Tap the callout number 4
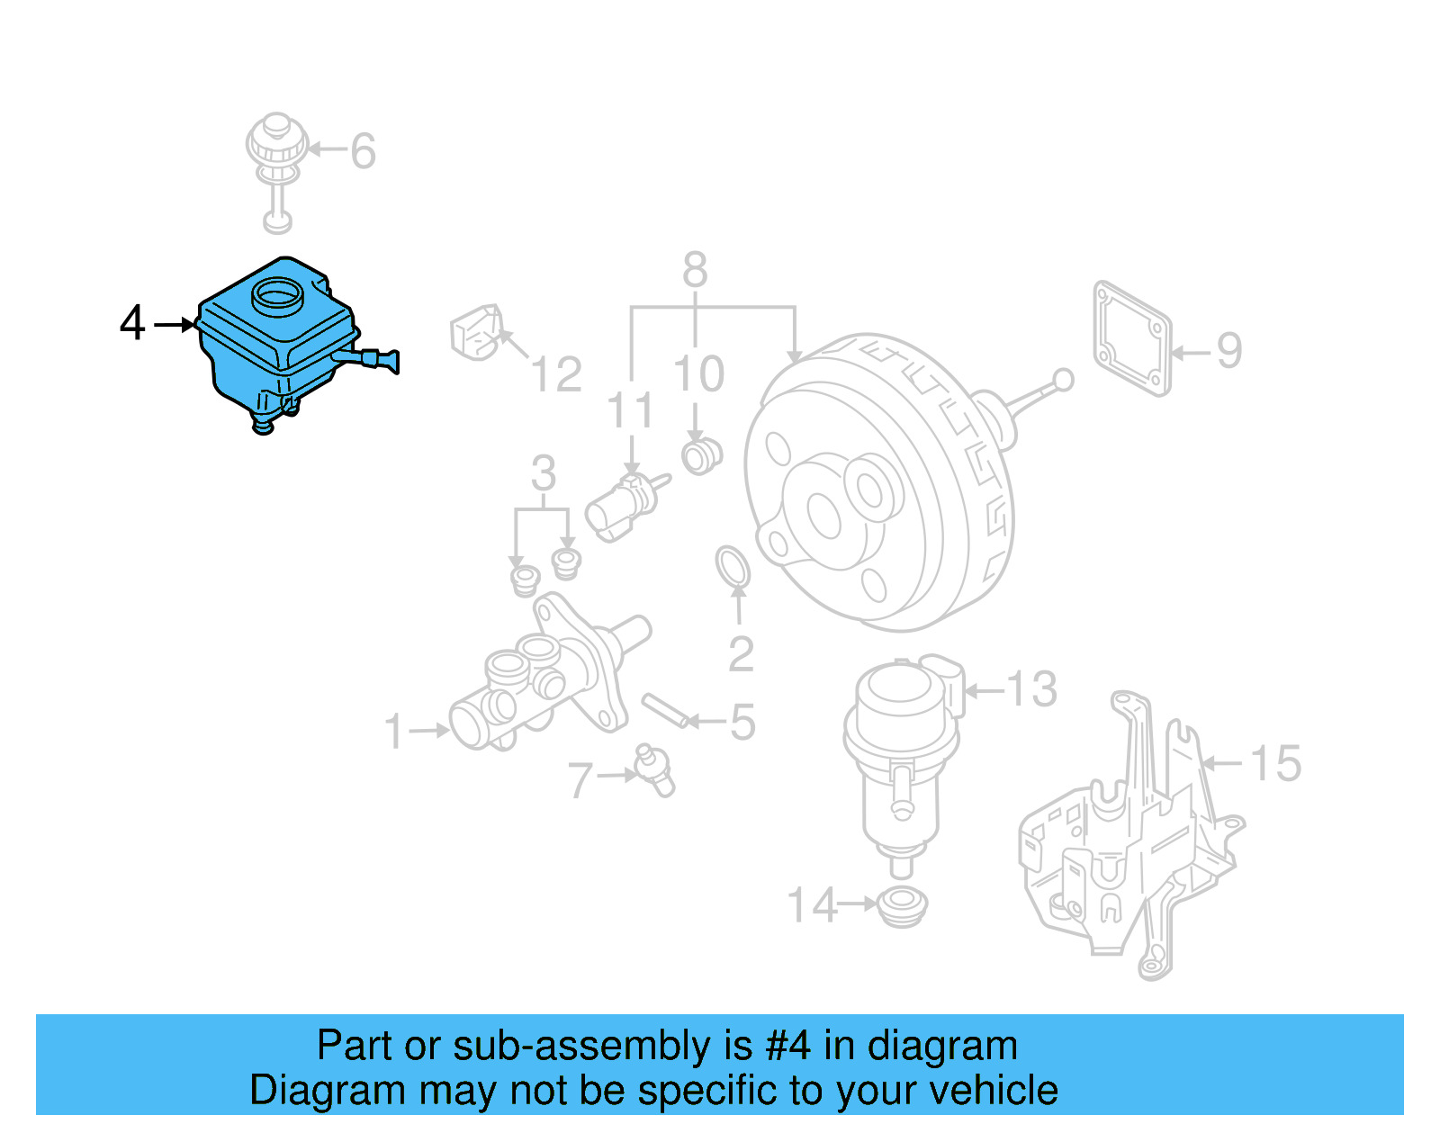[132, 323]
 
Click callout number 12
[556, 374]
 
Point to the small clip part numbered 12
[476, 332]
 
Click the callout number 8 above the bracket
[695, 269]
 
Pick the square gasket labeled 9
[1132, 338]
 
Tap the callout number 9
[1229, 351]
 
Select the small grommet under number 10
[700, 454]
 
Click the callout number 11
[631, 410]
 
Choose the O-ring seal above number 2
[733, 566]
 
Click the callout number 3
[543, 473]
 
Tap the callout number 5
[742, 722]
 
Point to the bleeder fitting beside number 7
[655, 769]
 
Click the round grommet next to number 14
[901, 904]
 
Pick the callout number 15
[1275, 763]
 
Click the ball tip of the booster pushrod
[1063, 380]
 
